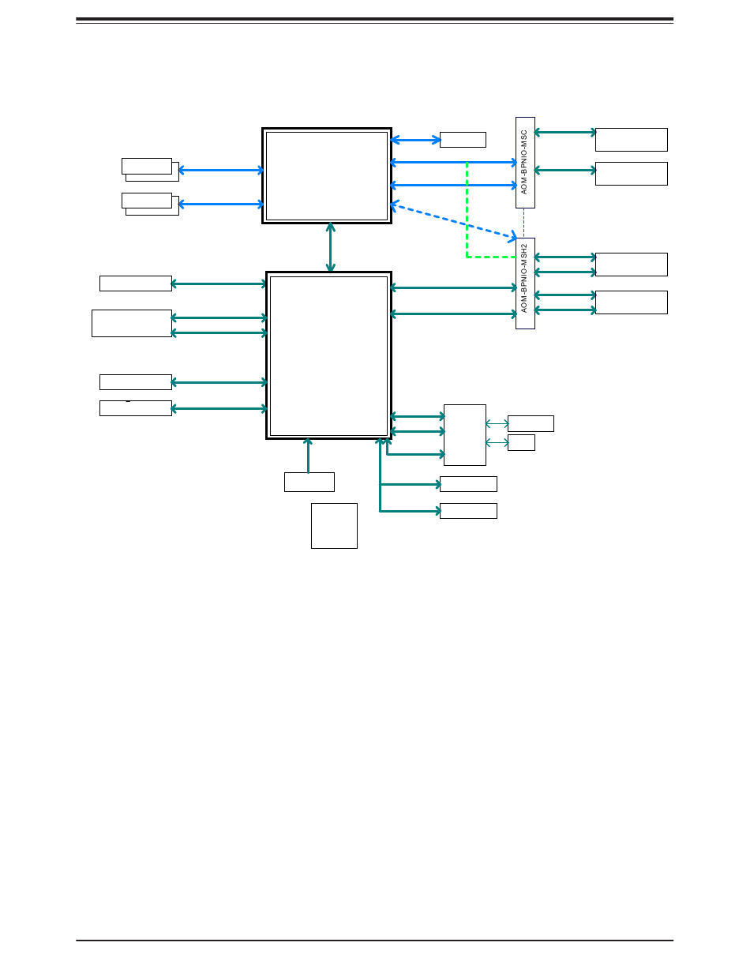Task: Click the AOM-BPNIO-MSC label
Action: (525, 163)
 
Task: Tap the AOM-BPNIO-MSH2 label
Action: (525, 283)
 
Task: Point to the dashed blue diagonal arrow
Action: (453, 221)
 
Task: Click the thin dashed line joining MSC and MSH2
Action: (524, 223)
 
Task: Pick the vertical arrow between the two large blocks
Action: (330, 248)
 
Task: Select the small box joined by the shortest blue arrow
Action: (463, 140)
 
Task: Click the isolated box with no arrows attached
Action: (334, 525)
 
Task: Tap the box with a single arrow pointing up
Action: (309, 482)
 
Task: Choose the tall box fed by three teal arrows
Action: (464, 435)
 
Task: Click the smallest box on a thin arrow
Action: (521, 442)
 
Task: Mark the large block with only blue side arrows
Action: (327, 175)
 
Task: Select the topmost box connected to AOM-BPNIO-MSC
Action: (631, 140)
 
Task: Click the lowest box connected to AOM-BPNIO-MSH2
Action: (631, 302)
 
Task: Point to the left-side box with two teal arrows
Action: (132, 323)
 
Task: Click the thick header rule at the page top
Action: (374, 19)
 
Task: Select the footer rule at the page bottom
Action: (374, 940)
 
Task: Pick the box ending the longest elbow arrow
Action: (468, 511)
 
